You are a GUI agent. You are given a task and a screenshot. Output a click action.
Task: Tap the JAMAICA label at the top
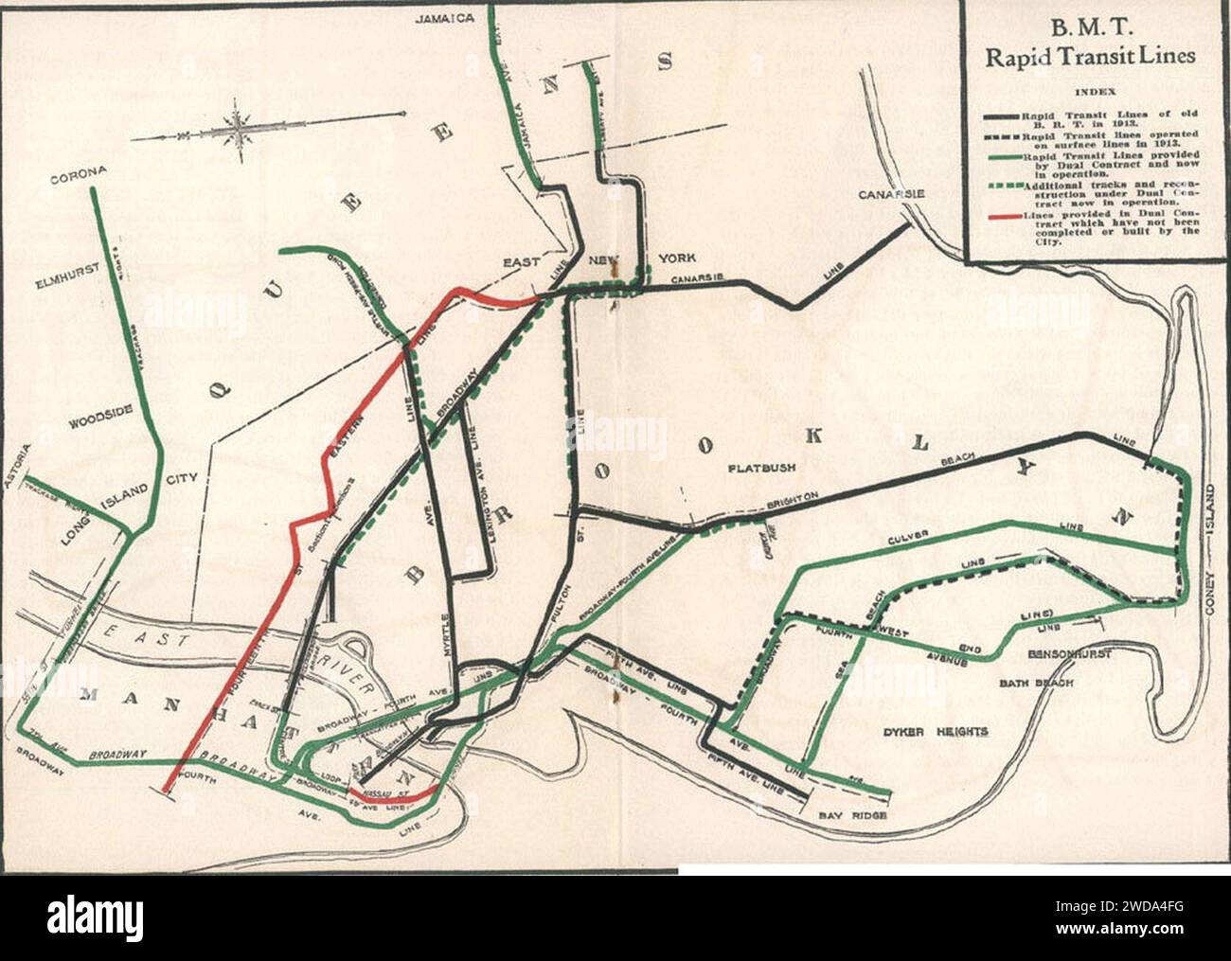[444, 17]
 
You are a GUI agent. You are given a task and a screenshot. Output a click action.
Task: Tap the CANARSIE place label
[891, 195]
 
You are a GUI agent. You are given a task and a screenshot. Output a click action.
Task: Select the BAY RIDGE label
[853, 812]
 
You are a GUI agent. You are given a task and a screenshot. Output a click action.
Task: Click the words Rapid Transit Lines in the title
[1090, 56]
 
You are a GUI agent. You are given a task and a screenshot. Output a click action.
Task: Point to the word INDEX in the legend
[1090, 92]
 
